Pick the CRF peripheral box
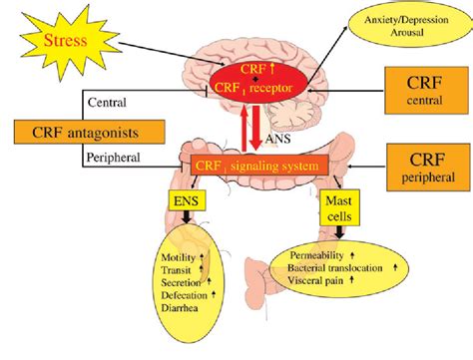(423, 165)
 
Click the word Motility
(177, 258)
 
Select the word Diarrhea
(179, 307)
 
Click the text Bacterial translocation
(337, 268)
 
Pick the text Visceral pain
(323, 281)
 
